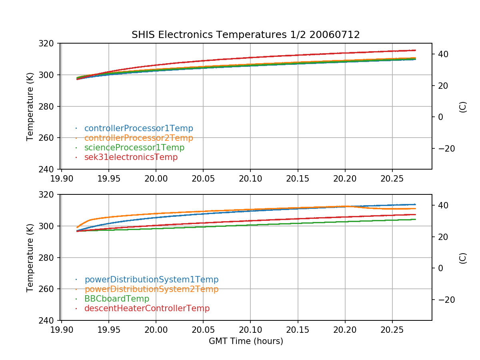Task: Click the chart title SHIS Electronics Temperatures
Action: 246,35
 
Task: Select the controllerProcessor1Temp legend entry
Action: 138,128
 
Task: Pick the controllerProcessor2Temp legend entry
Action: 138,138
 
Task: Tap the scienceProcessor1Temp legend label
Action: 134,148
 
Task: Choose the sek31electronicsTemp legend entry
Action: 131,157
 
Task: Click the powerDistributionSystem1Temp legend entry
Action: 151,280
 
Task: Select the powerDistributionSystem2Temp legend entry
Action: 151,289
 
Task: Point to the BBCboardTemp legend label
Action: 116,299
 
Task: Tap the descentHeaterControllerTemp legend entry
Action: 147,308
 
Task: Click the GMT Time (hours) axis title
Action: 246,341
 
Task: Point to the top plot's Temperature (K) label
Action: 30,106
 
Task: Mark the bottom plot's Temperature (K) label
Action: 30,257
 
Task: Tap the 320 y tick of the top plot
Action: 51,43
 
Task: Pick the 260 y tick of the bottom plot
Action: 51,289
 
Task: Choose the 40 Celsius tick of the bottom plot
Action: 443,205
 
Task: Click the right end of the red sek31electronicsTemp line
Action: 415,50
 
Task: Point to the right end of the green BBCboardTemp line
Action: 415,219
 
